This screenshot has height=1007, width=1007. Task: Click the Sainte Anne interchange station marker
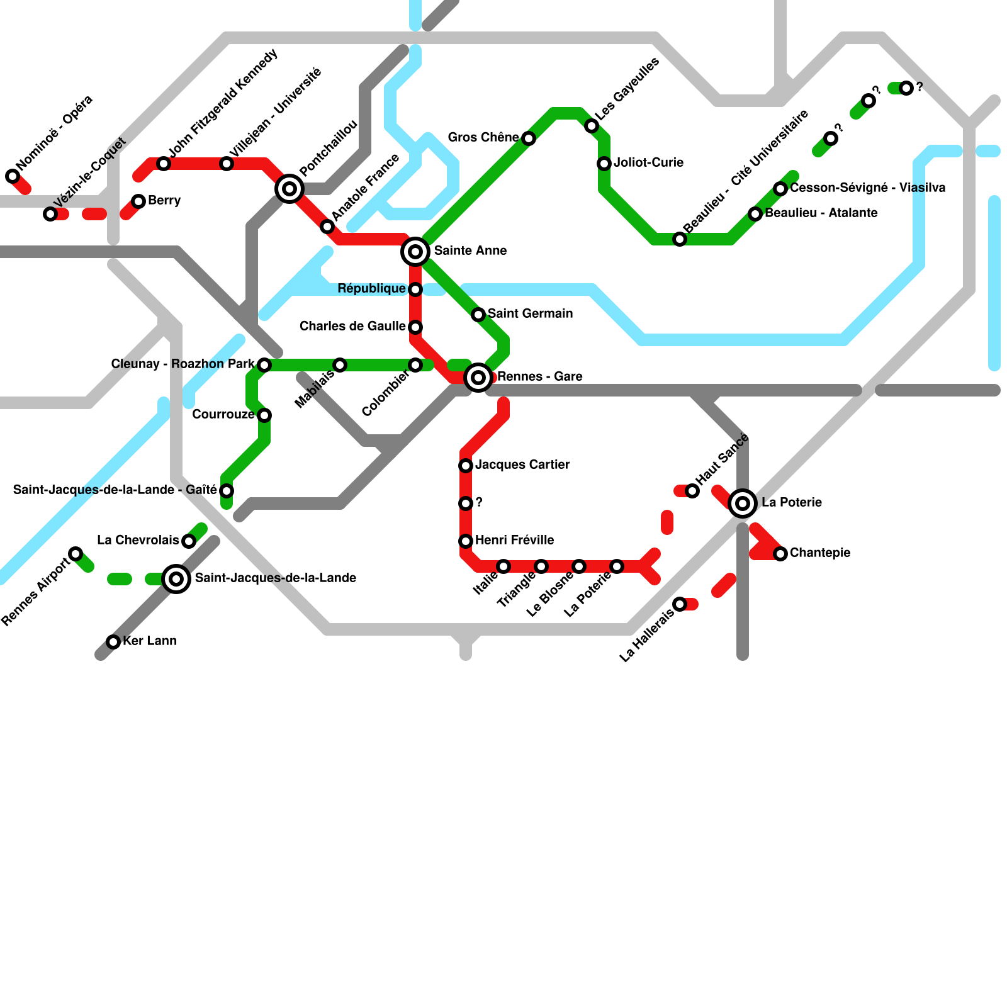pyautogui.click(x=415, y=252)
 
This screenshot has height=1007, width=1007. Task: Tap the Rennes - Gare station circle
pyautogui.click(x=478, y=378)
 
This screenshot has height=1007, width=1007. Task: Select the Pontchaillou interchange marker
pyautogui.click(x=290, y=188)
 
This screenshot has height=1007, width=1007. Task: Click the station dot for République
pyautogui.click(x=415, y=290)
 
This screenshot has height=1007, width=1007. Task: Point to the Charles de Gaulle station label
pyautogui.click(x=352, y=326)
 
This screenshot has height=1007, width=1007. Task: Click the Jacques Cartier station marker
pyautogui.click(x=466, y=466)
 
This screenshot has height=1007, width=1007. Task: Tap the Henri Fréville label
pyautogui.click(x=514, y=540)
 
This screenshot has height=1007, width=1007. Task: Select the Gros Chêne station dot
pyautogui.click(x=529, y=138)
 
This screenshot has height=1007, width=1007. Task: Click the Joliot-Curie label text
pyautogui.click(x=648, y=162)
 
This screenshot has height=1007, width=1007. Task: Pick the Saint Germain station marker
pyautogui.click(x=478, y=315)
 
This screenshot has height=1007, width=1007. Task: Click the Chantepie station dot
pyautogui.click(x=780, y=554)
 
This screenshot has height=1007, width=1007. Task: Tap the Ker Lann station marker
pyautogui.click(x=113, y=642)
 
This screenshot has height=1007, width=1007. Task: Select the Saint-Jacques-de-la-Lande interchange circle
pyautogui.click(x=177, y=579)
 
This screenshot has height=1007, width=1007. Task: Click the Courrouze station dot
pyautogui.click(x=264, y=415)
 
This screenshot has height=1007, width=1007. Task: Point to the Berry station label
pyautogui.click(x=164, y=200)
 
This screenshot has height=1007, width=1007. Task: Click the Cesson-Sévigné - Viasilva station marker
pyautogui.click(x=780, y=189)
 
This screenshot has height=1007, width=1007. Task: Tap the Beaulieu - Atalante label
pyautogui.click(x=821, y=213)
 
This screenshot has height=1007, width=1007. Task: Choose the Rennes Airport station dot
pyautogui.click(x=76, y=554)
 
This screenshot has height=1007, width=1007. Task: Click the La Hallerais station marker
pyautogui.click(x=680, y=604)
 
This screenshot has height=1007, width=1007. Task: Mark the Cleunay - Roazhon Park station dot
pyautogui.click(x=264, y=365)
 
